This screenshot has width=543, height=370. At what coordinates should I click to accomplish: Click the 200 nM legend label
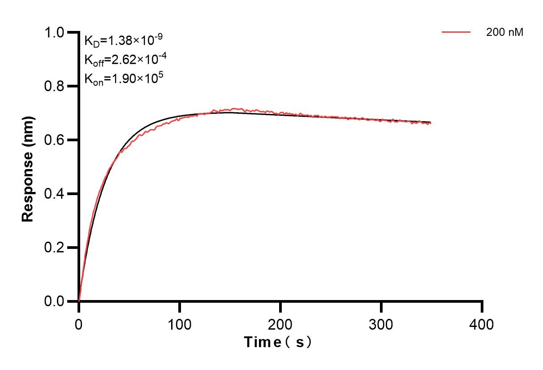pyautogui.click(x=504, y=32)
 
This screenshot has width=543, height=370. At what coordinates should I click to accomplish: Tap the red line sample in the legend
pyautogui.click(x=456, y=32)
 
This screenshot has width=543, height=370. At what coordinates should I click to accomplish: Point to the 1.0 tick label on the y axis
pyautogui.click(x=54, y=33)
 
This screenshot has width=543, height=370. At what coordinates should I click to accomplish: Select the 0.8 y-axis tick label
pyautogui.click(x=54, y=86)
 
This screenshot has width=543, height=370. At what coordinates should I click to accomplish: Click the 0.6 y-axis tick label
pyautogui.click(x=54, y=140)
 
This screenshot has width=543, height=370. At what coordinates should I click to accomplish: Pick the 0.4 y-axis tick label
pyautogui.click(x=54, y=194)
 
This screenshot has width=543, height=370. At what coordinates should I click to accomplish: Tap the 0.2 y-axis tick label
pyautogui.click(x=54, y=248)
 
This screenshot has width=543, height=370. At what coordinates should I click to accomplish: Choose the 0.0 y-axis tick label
pyautogui.click(x=54, y=301)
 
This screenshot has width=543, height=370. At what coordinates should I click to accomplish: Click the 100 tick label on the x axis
pyautogui.click(x=179, y=324)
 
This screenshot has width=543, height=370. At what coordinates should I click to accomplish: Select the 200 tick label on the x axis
pyautogui.click(x=280, y=324)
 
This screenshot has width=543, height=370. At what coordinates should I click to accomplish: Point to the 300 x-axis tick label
pyautogui.click(x=381, y=324)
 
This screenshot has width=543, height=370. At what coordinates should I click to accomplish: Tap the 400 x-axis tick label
pyautogui.click(x=482, y=324)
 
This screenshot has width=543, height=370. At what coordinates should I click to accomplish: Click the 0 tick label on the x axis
pyautogui.click(x=79, y=324)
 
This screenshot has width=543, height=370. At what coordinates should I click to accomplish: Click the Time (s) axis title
pyautogui.click(x=278, y=343)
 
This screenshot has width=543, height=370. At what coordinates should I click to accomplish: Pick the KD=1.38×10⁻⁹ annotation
pyautogui.click(x=123, y=41)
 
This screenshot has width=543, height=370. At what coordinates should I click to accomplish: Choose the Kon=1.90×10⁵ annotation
pyautogui.click(x=124, y=78)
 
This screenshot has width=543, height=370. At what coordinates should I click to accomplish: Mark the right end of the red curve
pyautogui.click(x=431, y=123)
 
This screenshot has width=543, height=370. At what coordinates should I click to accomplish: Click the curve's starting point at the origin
pyautogui.click(x=79, y=301)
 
